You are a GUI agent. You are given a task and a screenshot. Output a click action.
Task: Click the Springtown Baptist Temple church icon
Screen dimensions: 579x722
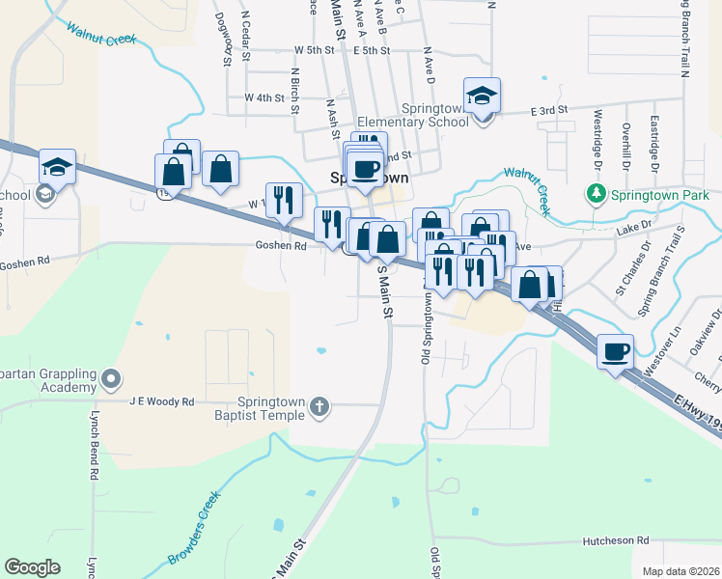(319, 408)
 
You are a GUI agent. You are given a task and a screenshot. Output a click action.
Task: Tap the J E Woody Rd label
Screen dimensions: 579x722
(162, 401)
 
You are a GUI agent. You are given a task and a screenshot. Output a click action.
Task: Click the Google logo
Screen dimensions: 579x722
(32, 566)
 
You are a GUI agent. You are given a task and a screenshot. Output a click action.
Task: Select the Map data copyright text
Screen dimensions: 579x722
(680, 571)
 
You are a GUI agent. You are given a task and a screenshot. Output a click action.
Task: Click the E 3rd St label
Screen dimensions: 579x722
(547, 112)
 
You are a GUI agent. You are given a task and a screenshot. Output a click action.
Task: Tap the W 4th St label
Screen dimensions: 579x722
(264, 97)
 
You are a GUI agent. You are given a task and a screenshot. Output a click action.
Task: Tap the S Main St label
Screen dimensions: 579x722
(385, 290)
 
